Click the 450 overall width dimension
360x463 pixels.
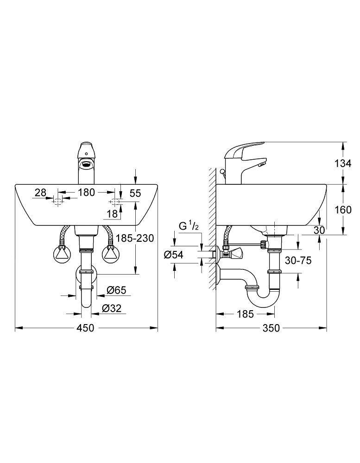[x=85, y=328]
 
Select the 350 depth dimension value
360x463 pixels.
[x=271, y=328]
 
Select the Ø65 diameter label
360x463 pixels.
[x=116, y=291]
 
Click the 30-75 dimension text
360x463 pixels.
[x=298, y=261]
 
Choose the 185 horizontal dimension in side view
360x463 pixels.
[x=245, y=314]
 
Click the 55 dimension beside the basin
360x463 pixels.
[x=135, y=193]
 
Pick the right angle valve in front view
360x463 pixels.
[x=110, y=254]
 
